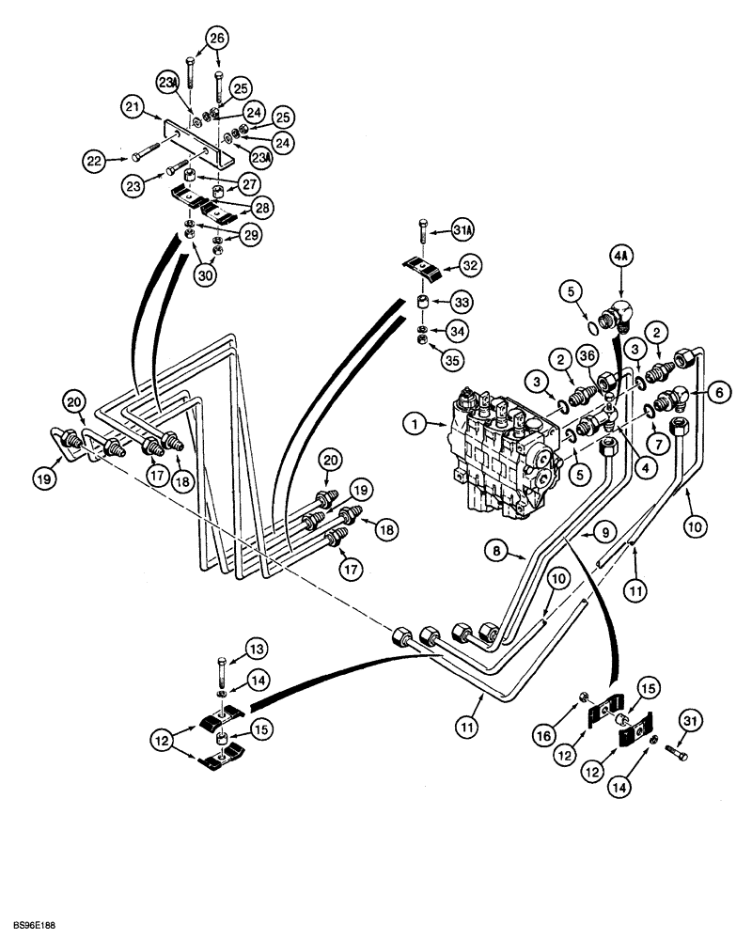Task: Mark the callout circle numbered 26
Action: [218, 40]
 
